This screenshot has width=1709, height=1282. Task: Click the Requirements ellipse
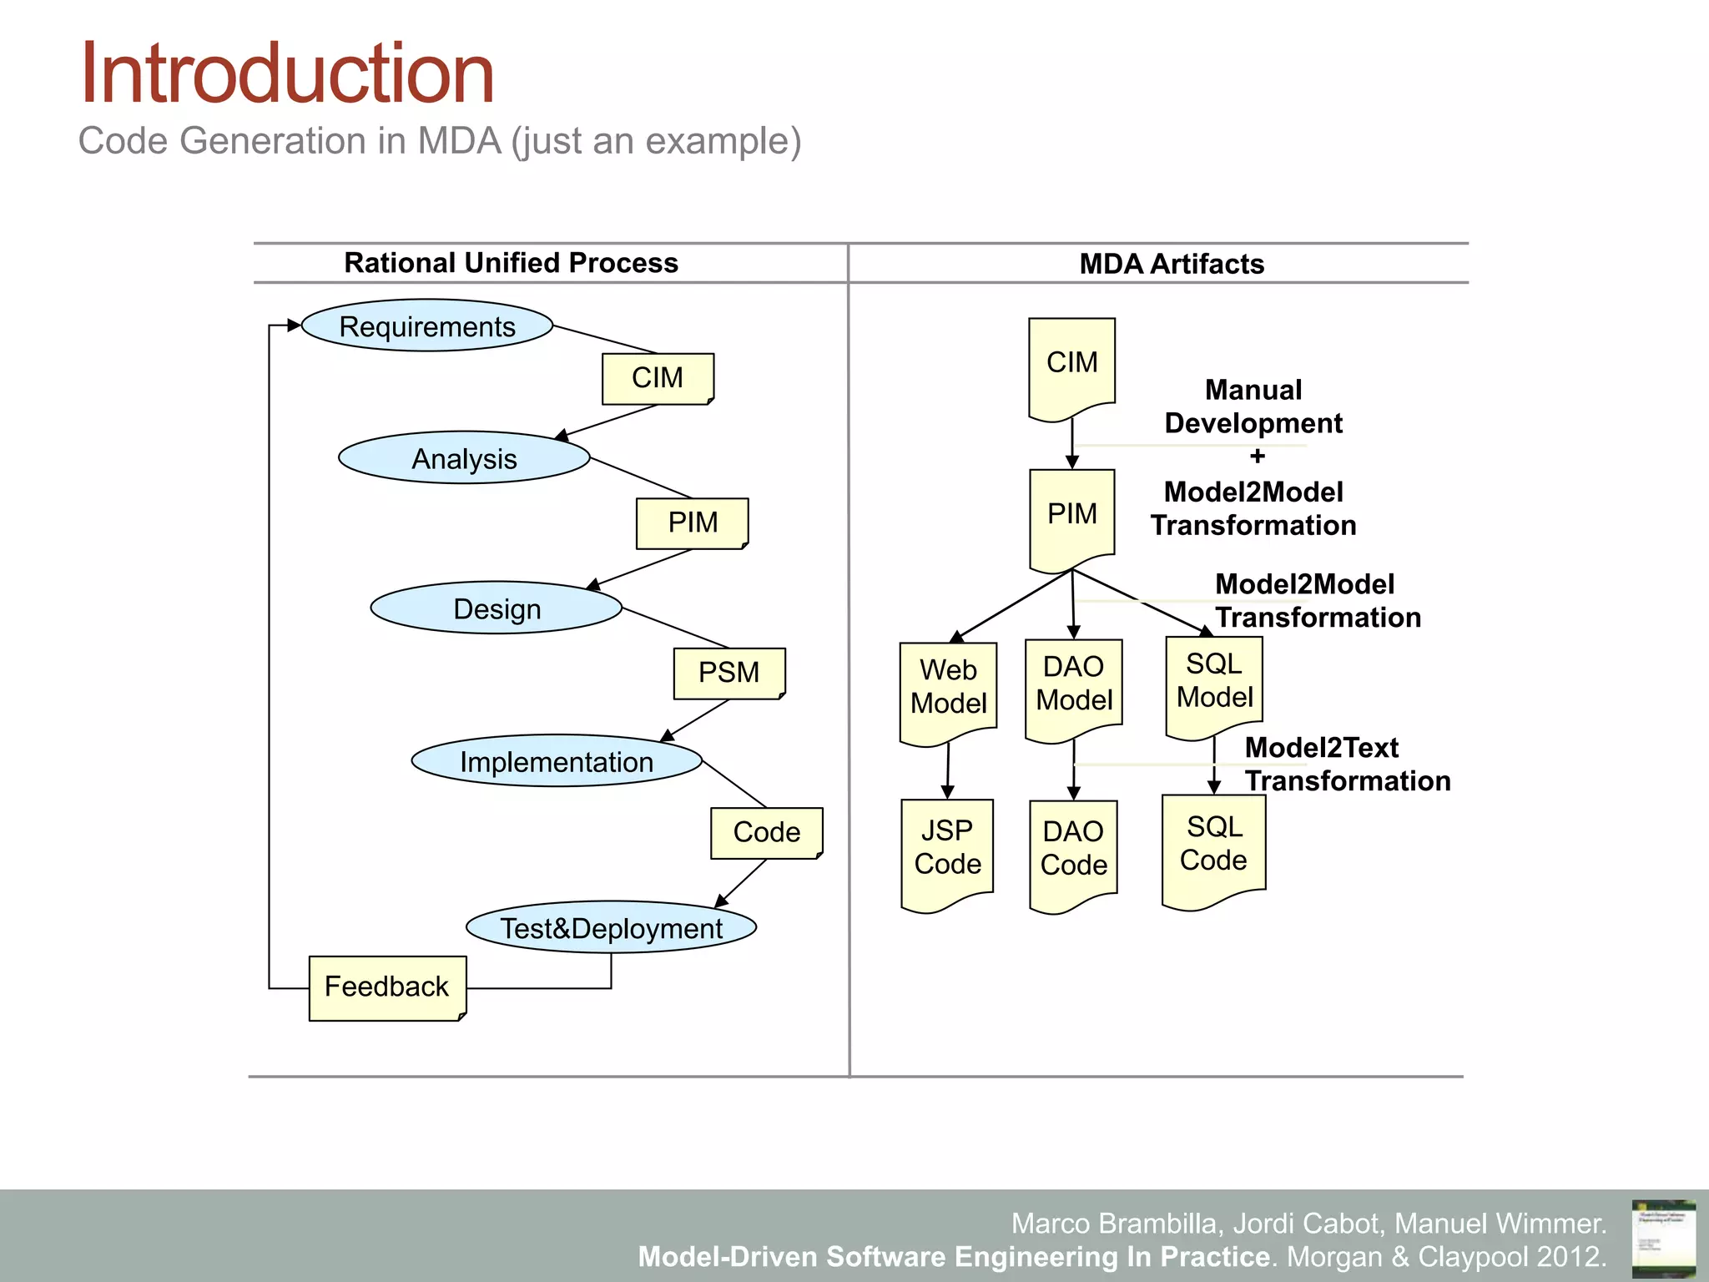point(426,326)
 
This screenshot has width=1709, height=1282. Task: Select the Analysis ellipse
point(464,458)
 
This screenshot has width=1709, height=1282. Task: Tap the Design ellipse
point(497,608)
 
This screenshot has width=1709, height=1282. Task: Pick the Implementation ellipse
point(557,761)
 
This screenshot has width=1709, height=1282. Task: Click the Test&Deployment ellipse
point(611,927)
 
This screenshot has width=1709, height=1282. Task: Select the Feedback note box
point(387,987)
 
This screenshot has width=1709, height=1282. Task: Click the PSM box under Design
point(728,673)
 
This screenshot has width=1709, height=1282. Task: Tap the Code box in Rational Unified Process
point(766,832)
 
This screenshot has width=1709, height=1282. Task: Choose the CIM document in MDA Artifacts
point(1071,366)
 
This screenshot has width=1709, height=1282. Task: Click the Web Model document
point(948,689)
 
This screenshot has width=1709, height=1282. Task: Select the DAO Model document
point(1074,685)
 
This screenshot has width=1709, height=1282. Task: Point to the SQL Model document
point(1214,682)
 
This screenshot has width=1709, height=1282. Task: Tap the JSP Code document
point(947,850)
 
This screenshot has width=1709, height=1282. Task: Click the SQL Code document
point(1213,845)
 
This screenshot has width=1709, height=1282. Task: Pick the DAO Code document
point(1073,850)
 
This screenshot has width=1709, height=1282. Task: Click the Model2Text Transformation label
point(1346,765)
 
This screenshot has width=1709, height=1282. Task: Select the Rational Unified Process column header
point(511,263)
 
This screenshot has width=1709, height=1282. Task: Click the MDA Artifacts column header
point(1171,264)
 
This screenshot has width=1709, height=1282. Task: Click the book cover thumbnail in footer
point(1663,1237)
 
